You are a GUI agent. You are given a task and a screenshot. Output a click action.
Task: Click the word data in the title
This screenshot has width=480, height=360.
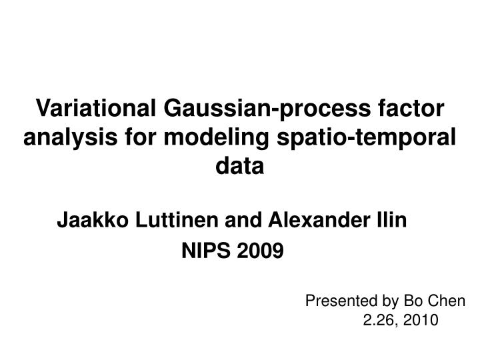(x=240, y=166)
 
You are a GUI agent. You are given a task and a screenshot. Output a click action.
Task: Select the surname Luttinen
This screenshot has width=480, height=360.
(x=160, y=219)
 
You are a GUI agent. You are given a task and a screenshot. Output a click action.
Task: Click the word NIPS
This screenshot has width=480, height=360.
(x=204, y=251)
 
